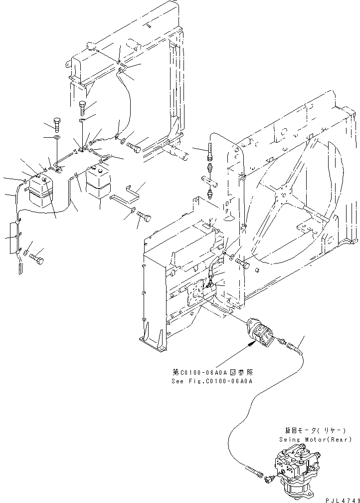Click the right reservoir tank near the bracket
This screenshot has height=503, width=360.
[x=98, y=186]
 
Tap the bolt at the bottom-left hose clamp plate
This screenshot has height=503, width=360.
[x=36, y=259]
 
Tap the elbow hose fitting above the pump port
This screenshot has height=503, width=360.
[x=212, y=272]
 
